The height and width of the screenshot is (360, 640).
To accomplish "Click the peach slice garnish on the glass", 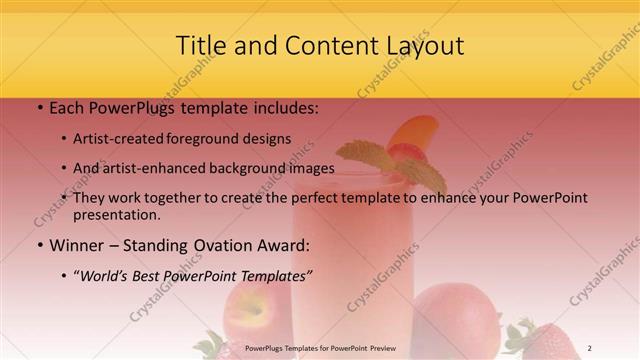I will click(x=414, y=130).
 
